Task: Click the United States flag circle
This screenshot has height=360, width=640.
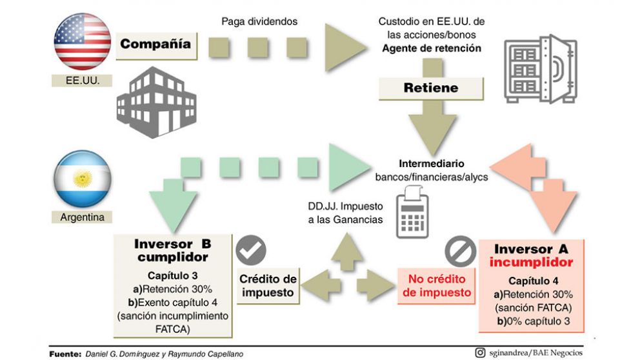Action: (83, 41)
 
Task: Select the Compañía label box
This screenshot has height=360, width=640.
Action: (155, 44)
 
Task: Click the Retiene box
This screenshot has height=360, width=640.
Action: (430, 87)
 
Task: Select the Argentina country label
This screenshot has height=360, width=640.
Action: (82, 217)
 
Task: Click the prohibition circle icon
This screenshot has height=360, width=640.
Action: (460, 252)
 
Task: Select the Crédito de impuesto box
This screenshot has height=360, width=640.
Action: (268, 285)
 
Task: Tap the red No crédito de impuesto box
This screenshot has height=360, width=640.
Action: (439, 286)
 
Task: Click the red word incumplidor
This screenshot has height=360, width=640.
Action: (531, 263)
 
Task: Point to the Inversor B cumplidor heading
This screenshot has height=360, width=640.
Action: (172, 250)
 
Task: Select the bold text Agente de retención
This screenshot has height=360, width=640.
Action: (431, 48)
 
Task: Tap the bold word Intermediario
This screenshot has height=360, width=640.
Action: (431, 163)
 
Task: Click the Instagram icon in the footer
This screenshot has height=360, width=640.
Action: (479, 352)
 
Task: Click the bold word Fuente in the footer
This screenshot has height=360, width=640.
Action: (65, 354)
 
